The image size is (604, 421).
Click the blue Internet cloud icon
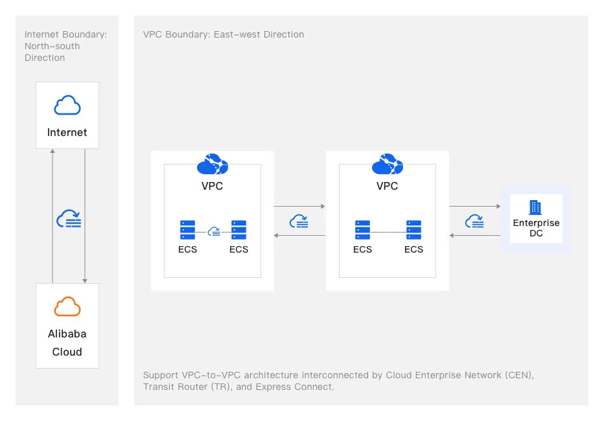coord(67,105)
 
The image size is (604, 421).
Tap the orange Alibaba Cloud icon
coord(67,306)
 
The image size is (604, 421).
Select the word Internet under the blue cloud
coord(67,132)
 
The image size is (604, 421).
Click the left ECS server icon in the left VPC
coord(187,230)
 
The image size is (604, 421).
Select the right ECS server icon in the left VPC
coord(238,230)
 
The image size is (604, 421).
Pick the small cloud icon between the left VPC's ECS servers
coord(213,231)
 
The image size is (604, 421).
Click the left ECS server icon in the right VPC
coord(362,230)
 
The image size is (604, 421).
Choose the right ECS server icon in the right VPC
coord(413,230)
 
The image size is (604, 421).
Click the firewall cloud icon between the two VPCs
coord(299,221)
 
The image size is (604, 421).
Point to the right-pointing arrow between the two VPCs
coord(299,207)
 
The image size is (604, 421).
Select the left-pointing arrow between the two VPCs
coord(299,235)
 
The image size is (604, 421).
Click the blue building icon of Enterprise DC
coord(535,207)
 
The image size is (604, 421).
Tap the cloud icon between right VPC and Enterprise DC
coord(474,221)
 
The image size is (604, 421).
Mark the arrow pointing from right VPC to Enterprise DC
coord(475,207)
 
